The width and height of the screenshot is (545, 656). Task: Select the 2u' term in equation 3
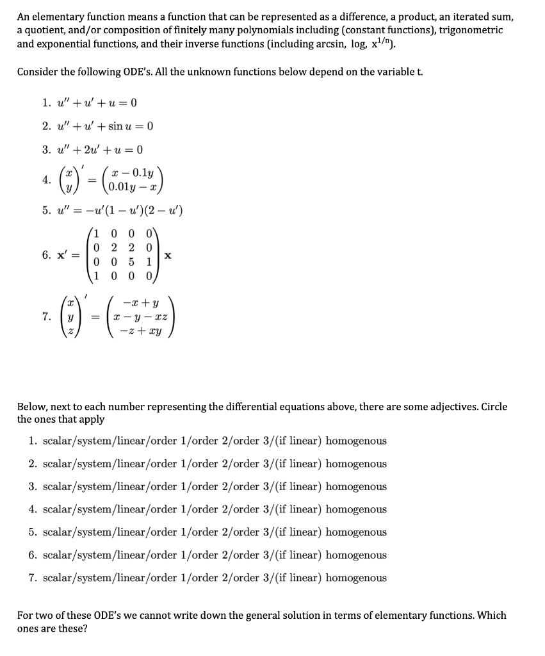90,150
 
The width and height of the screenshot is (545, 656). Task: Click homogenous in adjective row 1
355,441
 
